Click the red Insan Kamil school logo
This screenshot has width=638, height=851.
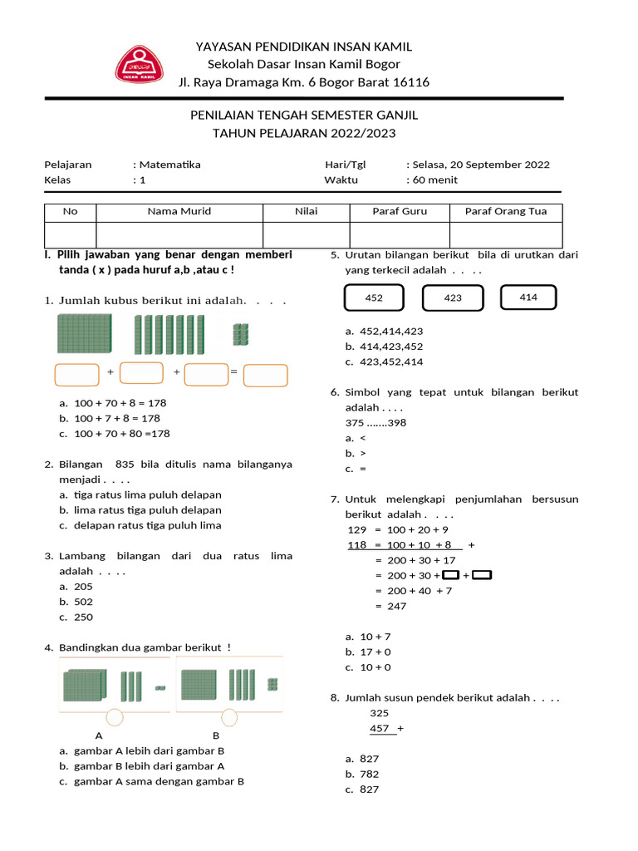pyautogui.click(x=139, y=64)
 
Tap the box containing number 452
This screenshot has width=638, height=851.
pyautogui.click(x=374, y=298)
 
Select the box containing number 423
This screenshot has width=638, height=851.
pyautogui.click(x=452, y=298)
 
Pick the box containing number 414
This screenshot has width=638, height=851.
pyautogui.click(x=528, y=297)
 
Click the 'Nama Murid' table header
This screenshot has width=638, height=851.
pyautogui.click(x=179, y=211)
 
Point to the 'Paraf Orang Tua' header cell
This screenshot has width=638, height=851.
pyautogui.click(x=505, y=211)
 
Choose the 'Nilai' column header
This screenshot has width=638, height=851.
pyautogui.click(x=306, y=211)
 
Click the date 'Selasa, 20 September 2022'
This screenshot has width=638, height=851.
pyautogui.click(x=481, y=165)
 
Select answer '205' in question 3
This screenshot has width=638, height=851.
pyautogui.click(x=83, y=587)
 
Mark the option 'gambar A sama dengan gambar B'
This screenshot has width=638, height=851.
pyautogui.click(x=159, y=781)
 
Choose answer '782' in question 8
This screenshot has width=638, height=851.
pyautogui.click(x=369, y=774)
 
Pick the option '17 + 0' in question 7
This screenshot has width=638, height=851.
pyautogui.click(x=375, y=652)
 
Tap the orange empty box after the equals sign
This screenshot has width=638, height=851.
pyautogui.click(x=266, y=375)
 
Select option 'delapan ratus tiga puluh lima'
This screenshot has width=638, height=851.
pyautogui.click(x=147, y=525)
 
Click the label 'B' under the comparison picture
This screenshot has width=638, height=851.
pyautogui.click(x=216, y=735)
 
